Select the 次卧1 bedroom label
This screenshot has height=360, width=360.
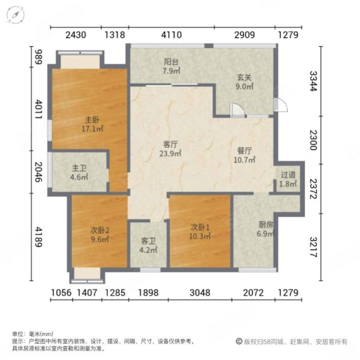[200, 228]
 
